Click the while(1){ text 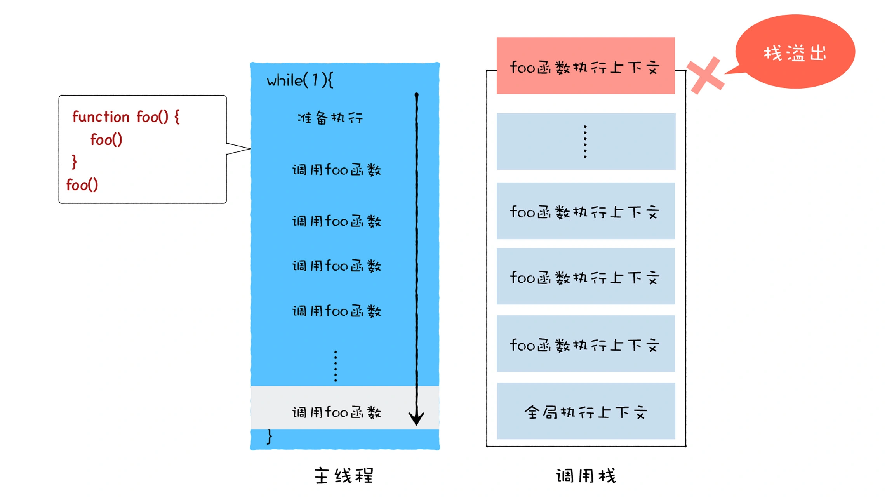(x=299, y=81)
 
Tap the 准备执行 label (x=330, y=118)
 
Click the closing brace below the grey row (x=270, y=437)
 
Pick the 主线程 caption (x=344, y=476)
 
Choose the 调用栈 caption (x=586, y=476)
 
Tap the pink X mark (x=705, y=75)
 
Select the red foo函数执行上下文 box (x=585, y=66)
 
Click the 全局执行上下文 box (x=586, y=411)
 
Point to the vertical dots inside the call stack (x=585, y=142)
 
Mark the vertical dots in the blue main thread (x=336, y=366)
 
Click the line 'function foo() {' (x=126, y=117)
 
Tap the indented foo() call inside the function (x=106, y=139)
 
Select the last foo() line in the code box (x=82, y=185)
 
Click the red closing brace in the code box (x=74, y=162)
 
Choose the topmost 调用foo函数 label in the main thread (x=336, y=170)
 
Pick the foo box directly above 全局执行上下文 (x=585, y=344)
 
